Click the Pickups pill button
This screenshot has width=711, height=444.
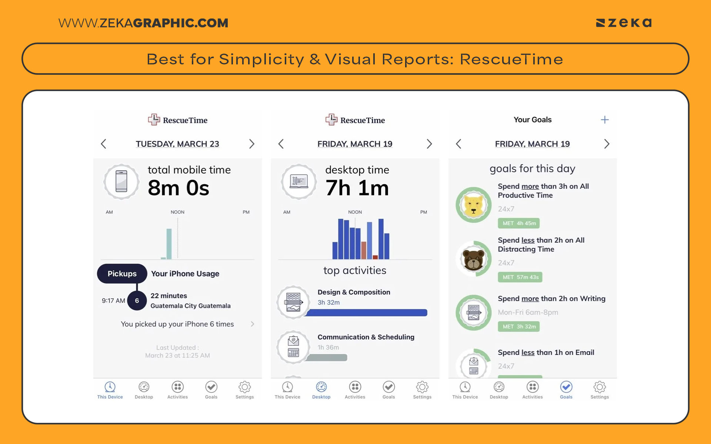pos(122,274)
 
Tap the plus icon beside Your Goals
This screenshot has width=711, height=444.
pos(604,120)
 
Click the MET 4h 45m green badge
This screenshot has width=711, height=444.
pos(518,223)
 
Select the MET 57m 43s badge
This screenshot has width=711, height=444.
pos(520,277)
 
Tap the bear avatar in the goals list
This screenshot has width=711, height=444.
pos(473,259)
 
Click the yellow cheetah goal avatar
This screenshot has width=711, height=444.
pos(473,205)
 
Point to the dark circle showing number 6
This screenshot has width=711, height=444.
pos(137,300)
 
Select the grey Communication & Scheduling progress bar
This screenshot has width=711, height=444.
pos(326,358)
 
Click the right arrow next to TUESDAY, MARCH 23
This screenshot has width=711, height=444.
pos(252,144)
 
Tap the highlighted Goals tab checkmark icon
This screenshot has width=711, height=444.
pos(566,387)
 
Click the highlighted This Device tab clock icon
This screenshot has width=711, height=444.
pos(110,387)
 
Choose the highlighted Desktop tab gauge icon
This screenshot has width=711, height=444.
pos(321,387)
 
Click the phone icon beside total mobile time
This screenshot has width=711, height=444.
pos(121,182)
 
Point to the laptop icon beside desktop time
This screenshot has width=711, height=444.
pos(298,182)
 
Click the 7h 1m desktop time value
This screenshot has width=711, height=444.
pos(357,188)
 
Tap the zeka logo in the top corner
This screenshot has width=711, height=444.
pos(624,23)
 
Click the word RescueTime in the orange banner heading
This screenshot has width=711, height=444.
pos(511,59)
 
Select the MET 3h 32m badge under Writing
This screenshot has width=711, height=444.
pos(518,326)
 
